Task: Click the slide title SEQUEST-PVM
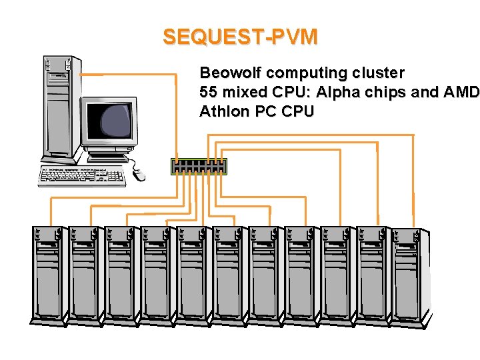pyautogui.click(x=240, y=37)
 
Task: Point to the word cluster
pyautogui.click(x=382, y=73)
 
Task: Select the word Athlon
pyautogui.click(x=225, y=111)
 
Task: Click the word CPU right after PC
pyautogui.click(x=297, y=111)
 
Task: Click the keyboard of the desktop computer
pyautogui.click(x=82, y=176)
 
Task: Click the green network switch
pyautogui.click(x=199, y=167)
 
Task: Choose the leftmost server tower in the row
pyautogui.click(x=48, y=273)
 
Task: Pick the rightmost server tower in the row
pyautogui.click(x=408, y=273)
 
